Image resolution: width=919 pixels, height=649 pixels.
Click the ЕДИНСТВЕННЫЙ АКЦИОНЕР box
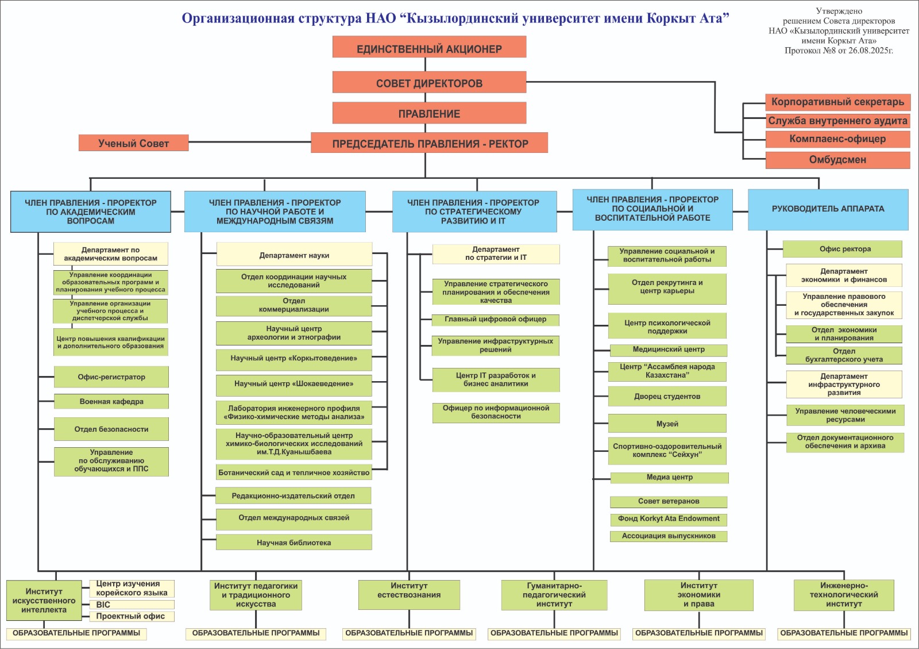tap(429, 47)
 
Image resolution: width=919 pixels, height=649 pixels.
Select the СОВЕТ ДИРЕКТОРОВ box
tap(429, 82)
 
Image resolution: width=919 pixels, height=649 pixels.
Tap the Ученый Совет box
tap(134, 143)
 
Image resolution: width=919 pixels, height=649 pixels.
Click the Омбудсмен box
tap(838, 160)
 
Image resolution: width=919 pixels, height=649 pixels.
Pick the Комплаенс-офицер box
tap(838, 139)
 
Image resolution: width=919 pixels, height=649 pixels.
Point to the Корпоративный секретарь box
tap(838, 102)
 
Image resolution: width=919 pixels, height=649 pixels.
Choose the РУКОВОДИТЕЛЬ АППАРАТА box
tap(828, 209)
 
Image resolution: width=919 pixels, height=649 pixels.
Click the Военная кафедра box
tap(111, 401)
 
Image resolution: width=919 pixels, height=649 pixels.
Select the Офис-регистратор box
tap(111, 377)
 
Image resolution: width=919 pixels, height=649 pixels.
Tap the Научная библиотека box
tap(294, 542)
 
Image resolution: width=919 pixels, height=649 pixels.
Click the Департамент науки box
tap(294, 255)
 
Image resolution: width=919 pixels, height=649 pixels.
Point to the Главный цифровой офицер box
tap(496, 320)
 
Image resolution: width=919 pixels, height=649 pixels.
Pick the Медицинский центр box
tap(669, 350)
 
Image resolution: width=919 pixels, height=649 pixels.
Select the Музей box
tap(667, 423)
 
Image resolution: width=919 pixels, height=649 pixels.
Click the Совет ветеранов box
tap(669, 501)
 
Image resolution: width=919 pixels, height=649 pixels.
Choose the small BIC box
tap(132, 604)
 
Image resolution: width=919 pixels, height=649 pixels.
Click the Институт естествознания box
tap(409, 594)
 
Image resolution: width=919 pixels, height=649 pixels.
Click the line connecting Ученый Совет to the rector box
tap(249, 142)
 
